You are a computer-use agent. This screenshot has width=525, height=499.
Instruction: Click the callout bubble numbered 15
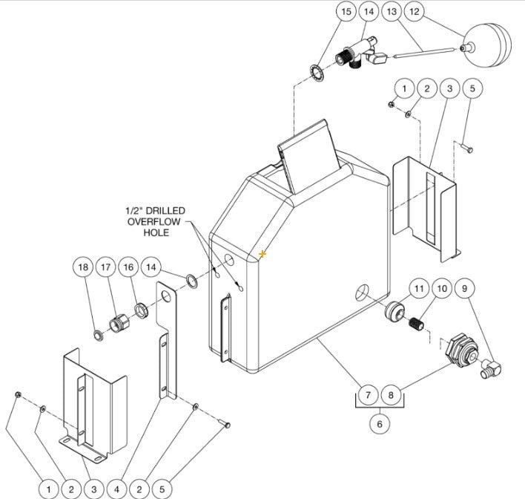[345, 12]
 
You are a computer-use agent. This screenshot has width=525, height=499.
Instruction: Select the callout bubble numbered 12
[415, 12]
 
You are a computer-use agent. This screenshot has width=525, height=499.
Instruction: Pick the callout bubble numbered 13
[392, 12]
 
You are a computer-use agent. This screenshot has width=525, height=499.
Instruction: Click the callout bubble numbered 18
[84, 267]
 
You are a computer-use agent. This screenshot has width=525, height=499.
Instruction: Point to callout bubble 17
[106, 267]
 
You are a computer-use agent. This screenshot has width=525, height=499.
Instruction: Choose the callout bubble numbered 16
[128, 267]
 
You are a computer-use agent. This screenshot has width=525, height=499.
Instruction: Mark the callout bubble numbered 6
[380, 423]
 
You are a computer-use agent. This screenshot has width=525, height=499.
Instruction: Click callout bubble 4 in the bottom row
[117, 489]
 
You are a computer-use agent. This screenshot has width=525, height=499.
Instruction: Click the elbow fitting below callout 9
[489, 366]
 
